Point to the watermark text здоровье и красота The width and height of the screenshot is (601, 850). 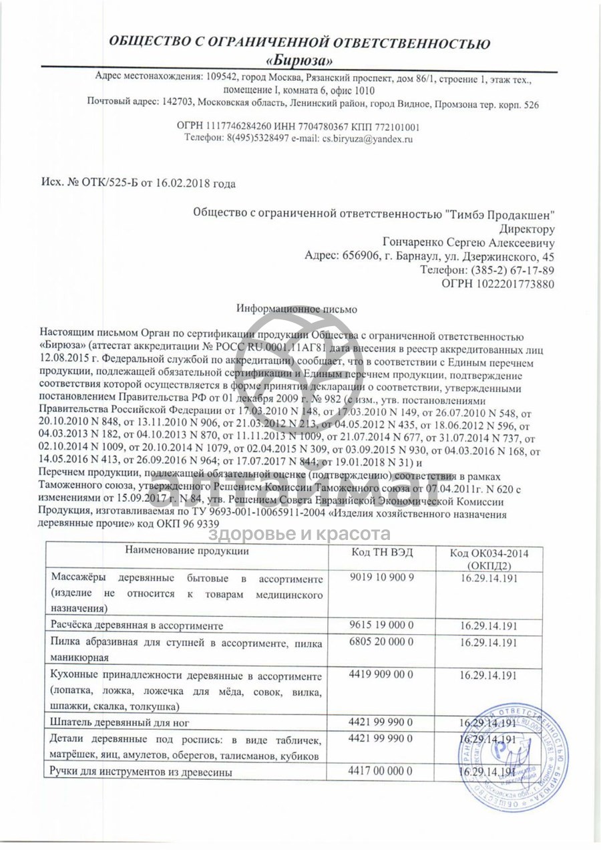[x=300, y=533]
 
